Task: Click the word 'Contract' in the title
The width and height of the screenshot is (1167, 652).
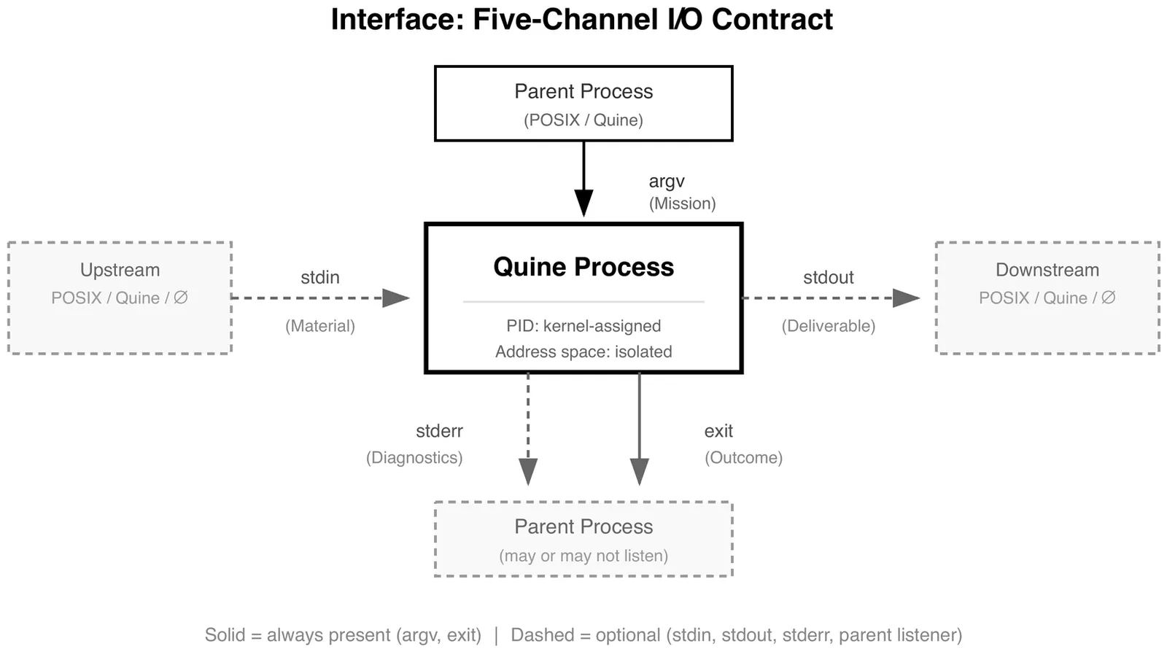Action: (772, 20)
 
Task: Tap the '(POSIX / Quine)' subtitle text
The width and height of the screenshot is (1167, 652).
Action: (583, 120)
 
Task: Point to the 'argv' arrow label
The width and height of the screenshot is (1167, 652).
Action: (667, 182)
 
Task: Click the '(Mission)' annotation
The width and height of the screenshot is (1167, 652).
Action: (683, 203)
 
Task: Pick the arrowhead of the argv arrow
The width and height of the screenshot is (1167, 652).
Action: (583, 203)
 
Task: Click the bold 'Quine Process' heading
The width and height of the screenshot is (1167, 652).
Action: (583, 267)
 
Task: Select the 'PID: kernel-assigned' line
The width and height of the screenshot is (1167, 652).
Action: (583, 326)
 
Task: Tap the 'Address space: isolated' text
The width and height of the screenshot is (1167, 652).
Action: (583, 352)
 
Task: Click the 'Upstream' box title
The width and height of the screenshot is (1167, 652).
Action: (120, 270)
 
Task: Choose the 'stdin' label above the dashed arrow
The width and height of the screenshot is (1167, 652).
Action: (320, 278)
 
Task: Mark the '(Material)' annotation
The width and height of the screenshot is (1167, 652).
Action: (320, 326)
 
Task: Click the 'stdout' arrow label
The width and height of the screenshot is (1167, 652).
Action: (829, 278)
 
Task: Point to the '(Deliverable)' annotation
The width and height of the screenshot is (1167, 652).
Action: (829, 326)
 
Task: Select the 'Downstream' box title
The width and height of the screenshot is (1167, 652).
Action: (1047, 270)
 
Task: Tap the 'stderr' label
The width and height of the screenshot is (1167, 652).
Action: (439, 431)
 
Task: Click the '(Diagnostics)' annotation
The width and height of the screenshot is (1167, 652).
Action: (414, 458)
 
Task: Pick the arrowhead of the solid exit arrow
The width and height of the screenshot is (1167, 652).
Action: (639, 472)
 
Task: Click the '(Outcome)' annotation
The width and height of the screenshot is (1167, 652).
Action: (743, 458)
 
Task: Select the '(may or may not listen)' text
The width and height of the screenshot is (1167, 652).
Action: (583, 556)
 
